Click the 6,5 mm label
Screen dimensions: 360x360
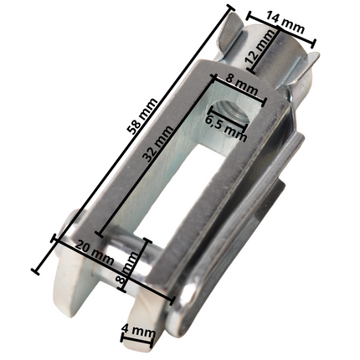(x=225, y=126)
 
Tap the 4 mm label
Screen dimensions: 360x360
(x=138, y=332)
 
